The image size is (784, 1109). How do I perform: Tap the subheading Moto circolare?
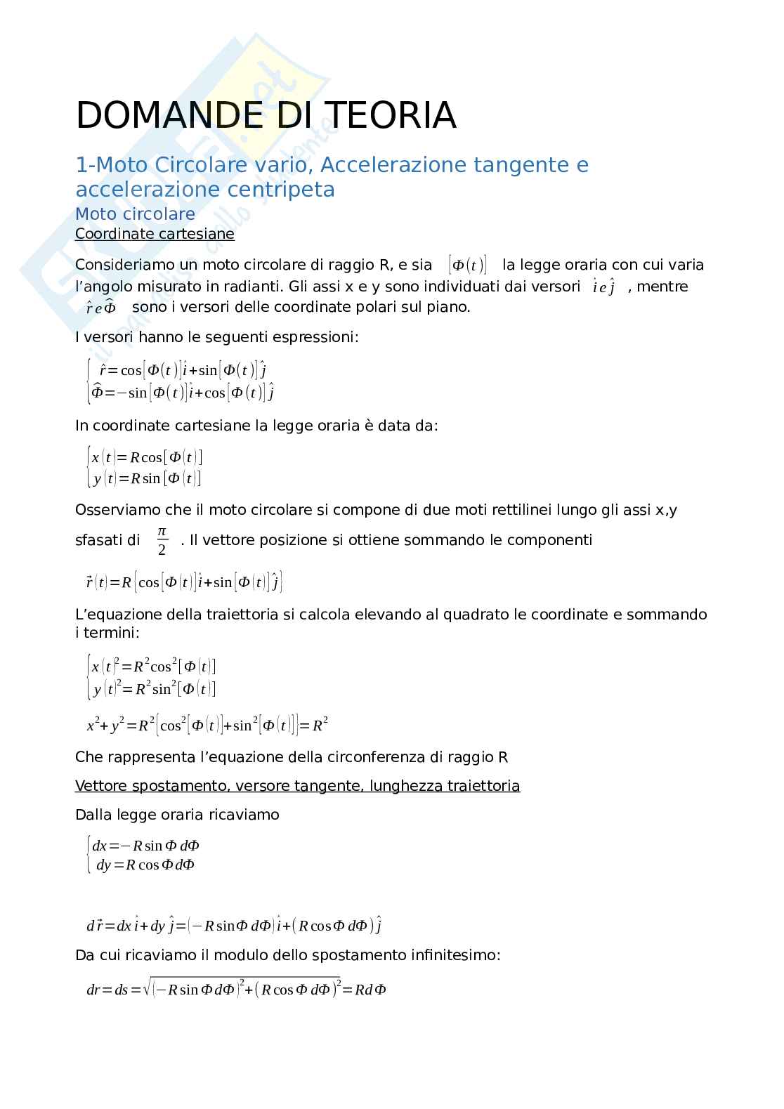pos(135,214)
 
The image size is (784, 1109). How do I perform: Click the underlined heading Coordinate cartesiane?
pos(155,234)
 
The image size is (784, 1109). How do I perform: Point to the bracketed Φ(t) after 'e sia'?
pos(467,265)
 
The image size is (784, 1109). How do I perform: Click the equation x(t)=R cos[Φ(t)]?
pos(146,457)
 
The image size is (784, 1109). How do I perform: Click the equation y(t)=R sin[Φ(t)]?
pos(146,479)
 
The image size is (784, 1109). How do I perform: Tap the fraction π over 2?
pos(162,540)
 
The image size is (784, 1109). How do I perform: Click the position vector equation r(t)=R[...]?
pos(184,582)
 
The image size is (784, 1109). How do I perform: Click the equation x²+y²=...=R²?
pos(207,726)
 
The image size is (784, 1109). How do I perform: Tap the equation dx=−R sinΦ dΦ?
pos(146,846)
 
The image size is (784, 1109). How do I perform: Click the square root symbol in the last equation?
pos(147,989)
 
